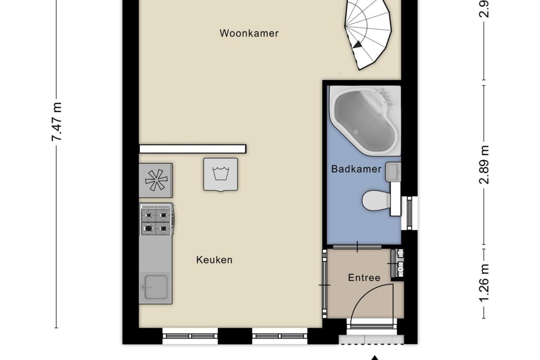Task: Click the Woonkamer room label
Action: pyautogui.click(x=249, y=33)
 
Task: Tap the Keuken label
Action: pyautogui.click(x=214, y=260)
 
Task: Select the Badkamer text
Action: pyautogui.click(x=356, y=169)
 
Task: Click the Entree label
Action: pyautogui.click(x=364, y=278)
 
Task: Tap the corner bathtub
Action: pyautogui.click(x=364, y=120)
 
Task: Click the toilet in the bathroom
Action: pyautogui.click(x=375, y=201)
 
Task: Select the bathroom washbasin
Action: pyautogui.click(x=392, y=172)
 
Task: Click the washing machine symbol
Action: pyautogui.click(x=220, y=174)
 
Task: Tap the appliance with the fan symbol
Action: pyautogui.click(x=156, y=180)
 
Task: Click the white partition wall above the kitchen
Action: pyautogui.click(x=193, y=149)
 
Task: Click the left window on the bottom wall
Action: pyautogui.click(x=190, y=336)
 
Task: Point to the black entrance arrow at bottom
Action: pyautogui.click(x=375, y=357)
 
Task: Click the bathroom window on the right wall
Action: pyautogui.click(x=409, y=213)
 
